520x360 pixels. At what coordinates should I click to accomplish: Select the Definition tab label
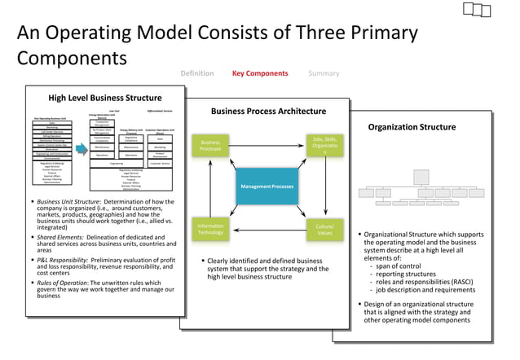(x=196, y=73)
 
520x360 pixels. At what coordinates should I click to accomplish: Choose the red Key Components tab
(x=260, y=73)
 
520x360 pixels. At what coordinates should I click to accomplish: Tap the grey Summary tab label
(x=324, y=73)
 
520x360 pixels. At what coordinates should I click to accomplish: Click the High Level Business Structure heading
(x=104, y=99)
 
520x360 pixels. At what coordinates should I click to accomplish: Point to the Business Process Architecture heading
(x=268, y=112)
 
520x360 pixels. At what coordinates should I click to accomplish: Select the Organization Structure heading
(x=412, y=127)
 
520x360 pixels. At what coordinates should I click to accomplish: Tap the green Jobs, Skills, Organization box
(x=324, y=145)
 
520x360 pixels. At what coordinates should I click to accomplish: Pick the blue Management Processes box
(x=267, y=187)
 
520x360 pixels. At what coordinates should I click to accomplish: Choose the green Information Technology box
(x=210, y=229)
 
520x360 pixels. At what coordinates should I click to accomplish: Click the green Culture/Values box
(x=324, y=229)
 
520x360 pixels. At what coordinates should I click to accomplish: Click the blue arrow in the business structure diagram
(x=82, y=149)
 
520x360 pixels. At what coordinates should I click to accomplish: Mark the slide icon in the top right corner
(x=477, y=10)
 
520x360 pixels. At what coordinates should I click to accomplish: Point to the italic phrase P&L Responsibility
(x=63, y=260)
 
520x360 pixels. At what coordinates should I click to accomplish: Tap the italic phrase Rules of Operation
(x=63, y=283)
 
